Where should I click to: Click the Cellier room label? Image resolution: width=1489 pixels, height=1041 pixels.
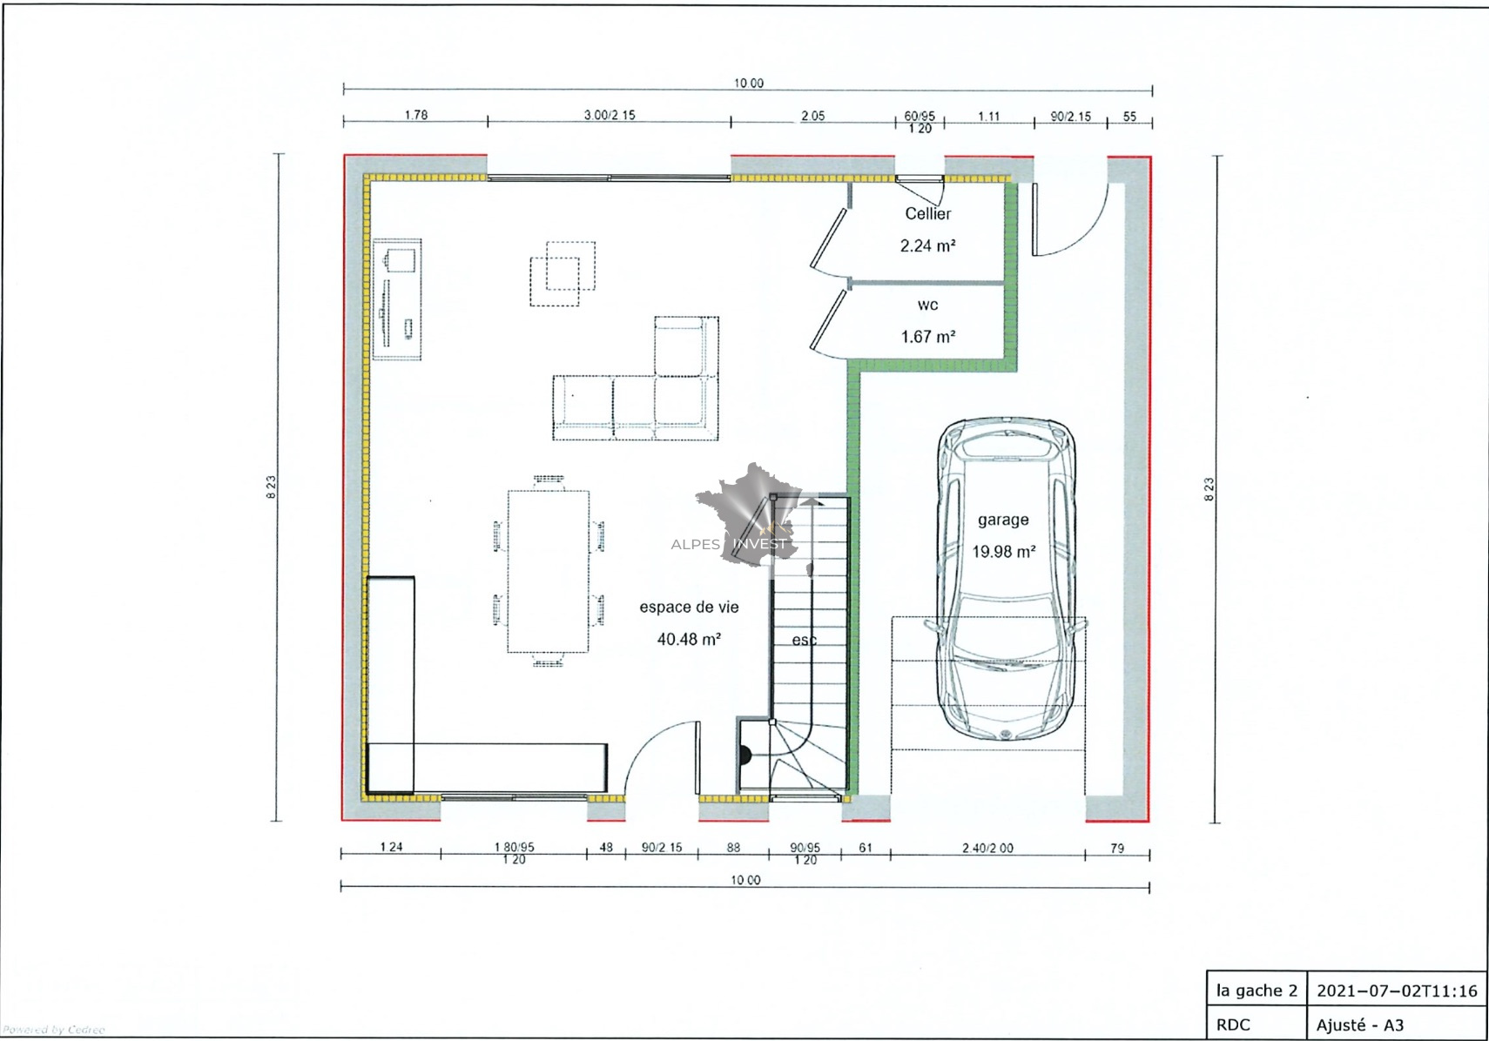click(x=927, y=214)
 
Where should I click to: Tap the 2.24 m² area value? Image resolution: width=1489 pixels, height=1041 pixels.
click(x=927, y=245)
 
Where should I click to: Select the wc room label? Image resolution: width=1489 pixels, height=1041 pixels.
click(x=927, y=305)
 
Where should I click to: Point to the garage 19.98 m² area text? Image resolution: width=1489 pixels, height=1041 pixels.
click(x=1004, y=551)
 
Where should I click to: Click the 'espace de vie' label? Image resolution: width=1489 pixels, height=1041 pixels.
click(x=689, y=607)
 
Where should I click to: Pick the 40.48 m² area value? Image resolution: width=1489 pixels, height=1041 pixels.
click(x=689, y=639)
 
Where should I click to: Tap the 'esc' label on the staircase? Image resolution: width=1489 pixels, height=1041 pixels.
click(x=804, y=640)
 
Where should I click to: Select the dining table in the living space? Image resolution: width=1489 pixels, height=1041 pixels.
click(x=549, y=571)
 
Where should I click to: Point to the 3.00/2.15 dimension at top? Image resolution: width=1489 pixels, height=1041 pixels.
click(x=610, y=115)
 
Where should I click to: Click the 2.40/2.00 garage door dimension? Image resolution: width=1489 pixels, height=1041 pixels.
click(x=987, y=848)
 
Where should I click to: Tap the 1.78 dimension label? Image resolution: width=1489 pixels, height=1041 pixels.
click(x=416, y=115)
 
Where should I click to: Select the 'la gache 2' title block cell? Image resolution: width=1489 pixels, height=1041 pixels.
click(x=1257, y=991)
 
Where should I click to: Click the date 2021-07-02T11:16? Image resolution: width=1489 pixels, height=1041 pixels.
click(x=1397, y=991)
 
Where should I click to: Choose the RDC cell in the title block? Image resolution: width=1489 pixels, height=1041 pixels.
click(x=1257, y=1024)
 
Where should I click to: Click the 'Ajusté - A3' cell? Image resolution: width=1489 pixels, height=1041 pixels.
click(x=1397, y=1024)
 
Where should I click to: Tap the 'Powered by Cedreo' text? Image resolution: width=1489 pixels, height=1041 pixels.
click(x=53, y=1030)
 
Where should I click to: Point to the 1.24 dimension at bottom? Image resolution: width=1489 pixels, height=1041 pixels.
click(x=392, y=846)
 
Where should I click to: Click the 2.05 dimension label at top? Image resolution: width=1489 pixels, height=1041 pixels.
click(x=812, y=116)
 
